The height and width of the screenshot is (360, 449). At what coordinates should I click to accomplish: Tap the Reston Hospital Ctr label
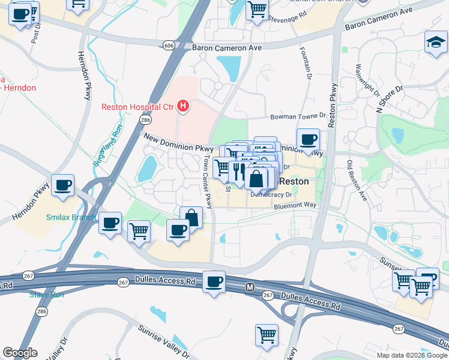137,107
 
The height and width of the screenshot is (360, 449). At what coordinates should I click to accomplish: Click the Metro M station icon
250,288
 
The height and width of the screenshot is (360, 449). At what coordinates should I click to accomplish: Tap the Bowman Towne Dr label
297,116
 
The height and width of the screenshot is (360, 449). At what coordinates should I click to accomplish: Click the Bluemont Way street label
295,205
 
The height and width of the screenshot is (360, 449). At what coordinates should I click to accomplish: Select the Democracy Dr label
271,195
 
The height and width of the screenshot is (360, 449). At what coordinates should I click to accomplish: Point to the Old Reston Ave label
357,180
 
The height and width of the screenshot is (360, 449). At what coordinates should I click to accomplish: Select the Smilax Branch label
71,217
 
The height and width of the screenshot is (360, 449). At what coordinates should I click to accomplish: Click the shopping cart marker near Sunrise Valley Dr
267,335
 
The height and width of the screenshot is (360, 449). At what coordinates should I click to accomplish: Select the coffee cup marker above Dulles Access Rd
214,282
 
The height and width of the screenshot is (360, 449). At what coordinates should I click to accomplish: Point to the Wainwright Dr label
367,81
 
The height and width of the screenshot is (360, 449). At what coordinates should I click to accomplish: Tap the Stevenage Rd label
292,19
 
